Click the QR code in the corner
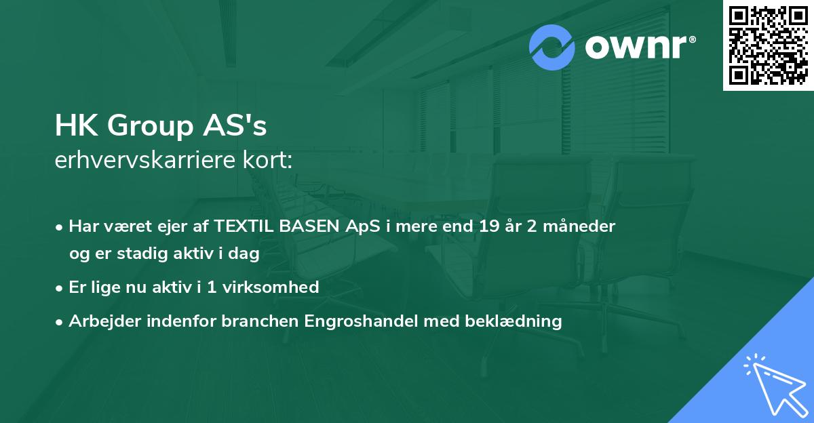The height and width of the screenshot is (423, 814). (769, 45)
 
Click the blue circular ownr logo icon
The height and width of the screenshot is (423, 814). (552, 47)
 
